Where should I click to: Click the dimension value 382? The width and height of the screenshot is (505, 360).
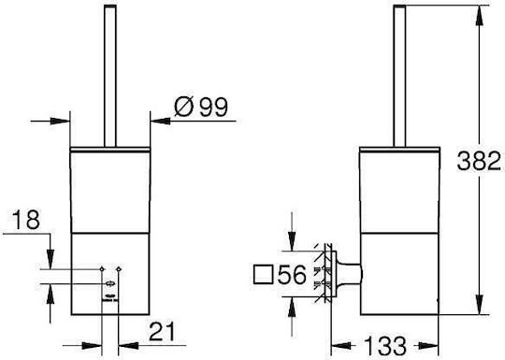coord(479,161)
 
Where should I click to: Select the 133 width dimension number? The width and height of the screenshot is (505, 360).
coord(385,346)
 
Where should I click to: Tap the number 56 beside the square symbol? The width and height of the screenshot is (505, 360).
coord(292,275)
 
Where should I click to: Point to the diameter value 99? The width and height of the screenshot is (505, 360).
coord(213,107)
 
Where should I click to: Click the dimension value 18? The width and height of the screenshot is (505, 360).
coord(26,220)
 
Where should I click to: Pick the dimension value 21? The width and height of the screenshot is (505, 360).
coord(162,331)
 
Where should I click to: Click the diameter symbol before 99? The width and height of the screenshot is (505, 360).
coord(184,107)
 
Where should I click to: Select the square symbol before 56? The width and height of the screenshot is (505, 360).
coord(264,274)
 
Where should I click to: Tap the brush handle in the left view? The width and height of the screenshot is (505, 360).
coord(110,76)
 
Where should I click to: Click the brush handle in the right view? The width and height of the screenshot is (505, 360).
coord(399,76)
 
